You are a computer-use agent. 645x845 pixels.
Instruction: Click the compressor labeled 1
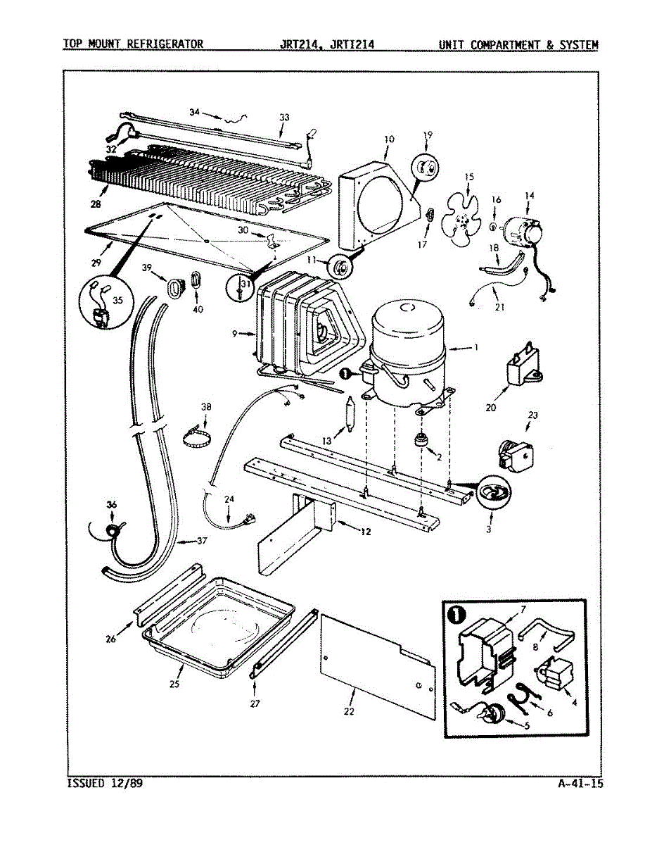(x=407, y=354)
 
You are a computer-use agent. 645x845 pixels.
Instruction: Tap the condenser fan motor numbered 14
(x=523, y=232)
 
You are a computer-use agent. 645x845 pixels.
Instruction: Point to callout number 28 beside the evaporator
(x=96, y=204)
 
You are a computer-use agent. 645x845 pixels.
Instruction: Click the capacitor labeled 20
(x=525, y=364)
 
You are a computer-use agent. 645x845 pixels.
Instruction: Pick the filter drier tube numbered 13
(x=350, y=415)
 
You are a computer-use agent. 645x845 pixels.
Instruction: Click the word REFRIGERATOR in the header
(x=165, y=44)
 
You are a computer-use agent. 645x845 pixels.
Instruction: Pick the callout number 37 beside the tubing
(x=202, y=541)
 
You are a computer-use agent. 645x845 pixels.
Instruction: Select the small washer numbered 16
(x=492, y=227)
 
